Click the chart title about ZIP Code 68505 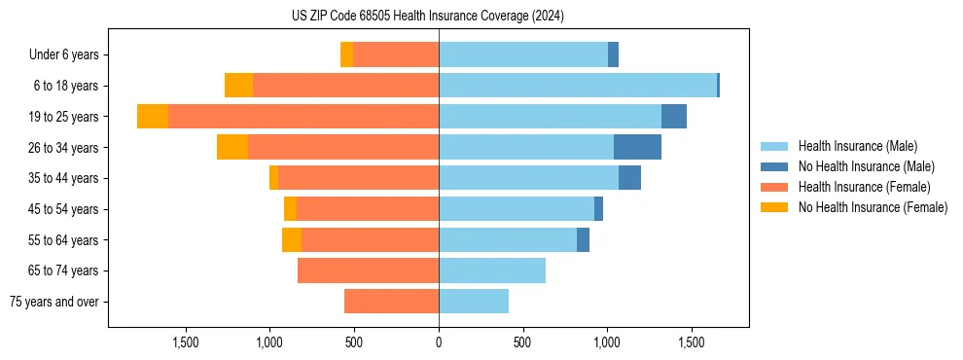(428, 16)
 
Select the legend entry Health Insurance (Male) (857, 146)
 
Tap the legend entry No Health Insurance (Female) (873, 207)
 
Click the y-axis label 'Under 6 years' (64, 54)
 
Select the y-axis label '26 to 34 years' (62, 147)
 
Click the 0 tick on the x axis (439, 342)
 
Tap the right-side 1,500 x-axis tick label (691, 342)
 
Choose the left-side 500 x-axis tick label (354, 342)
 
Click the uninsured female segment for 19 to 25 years (153, 116)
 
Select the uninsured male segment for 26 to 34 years (637, 147)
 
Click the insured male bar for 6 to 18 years (578, 86)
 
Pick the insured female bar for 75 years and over (391, 302)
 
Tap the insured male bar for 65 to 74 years (492, 270)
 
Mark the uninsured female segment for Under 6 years (346, 54)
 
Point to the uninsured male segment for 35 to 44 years (629, 178)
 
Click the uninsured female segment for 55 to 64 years (292, 239)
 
